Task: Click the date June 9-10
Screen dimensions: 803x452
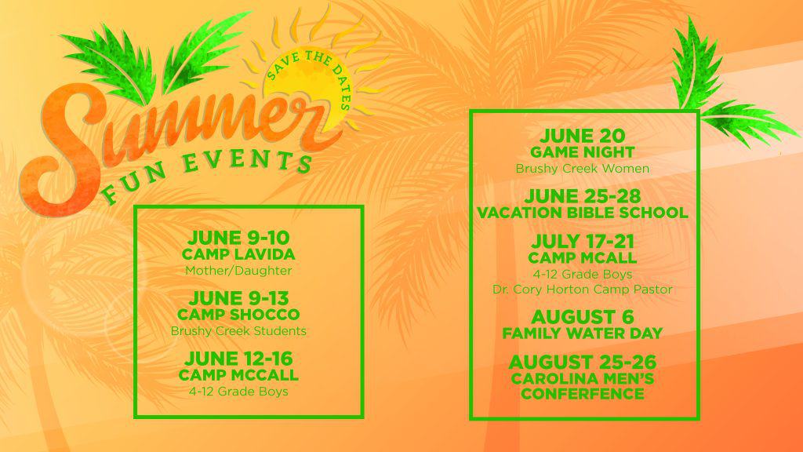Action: click(238, 238)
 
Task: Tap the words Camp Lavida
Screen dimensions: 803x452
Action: click(238, 254)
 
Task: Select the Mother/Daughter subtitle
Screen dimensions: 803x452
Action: click(238, 271)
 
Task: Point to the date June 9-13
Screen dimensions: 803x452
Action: click(238, 298)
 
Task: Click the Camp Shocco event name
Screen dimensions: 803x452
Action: click(238, 314)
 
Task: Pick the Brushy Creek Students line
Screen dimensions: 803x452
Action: click(238, 331)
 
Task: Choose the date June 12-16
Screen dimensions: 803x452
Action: click(238, 359)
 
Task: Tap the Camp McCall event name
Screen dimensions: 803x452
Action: click(238, 375)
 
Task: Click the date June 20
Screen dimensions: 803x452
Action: click(583, 136)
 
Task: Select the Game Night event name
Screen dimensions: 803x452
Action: click(583, 152)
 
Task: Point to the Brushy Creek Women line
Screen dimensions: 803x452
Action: click(583, 169)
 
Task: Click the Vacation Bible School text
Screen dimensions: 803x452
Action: click(583, 213)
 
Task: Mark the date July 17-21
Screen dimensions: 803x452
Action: click(583, 242)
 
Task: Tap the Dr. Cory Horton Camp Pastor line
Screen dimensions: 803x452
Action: click(583, 290)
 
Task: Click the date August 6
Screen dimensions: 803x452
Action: click(583, 317)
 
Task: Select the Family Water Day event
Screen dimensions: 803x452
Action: click(583, 333)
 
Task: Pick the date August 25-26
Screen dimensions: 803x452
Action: click(583, 363)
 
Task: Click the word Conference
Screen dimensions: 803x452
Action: click(583, 394)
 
